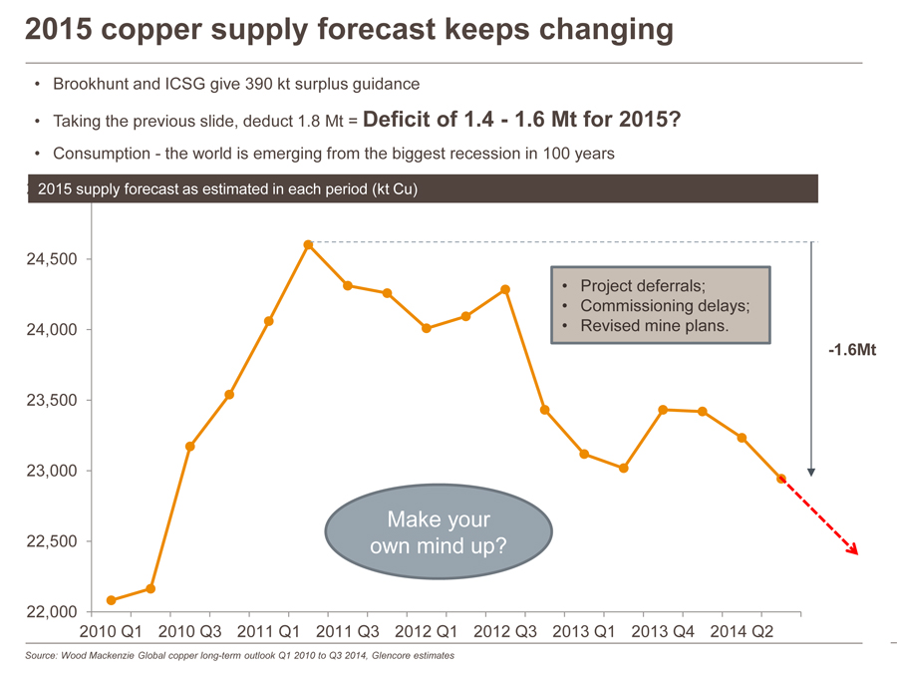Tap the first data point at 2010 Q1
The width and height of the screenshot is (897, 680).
click(x=111, y=600)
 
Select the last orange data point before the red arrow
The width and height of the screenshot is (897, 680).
click(x=781, y=479)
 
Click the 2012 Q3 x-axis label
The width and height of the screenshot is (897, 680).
click(x=504, y=630)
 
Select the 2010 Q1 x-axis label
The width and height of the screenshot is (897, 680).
click(x=111, y=630)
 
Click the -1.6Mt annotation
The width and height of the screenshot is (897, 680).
click(x=851, y=351)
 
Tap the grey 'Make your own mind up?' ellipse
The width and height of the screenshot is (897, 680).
click(x=439, y=533)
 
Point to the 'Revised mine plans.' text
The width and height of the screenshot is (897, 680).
click(x=654, y=326)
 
